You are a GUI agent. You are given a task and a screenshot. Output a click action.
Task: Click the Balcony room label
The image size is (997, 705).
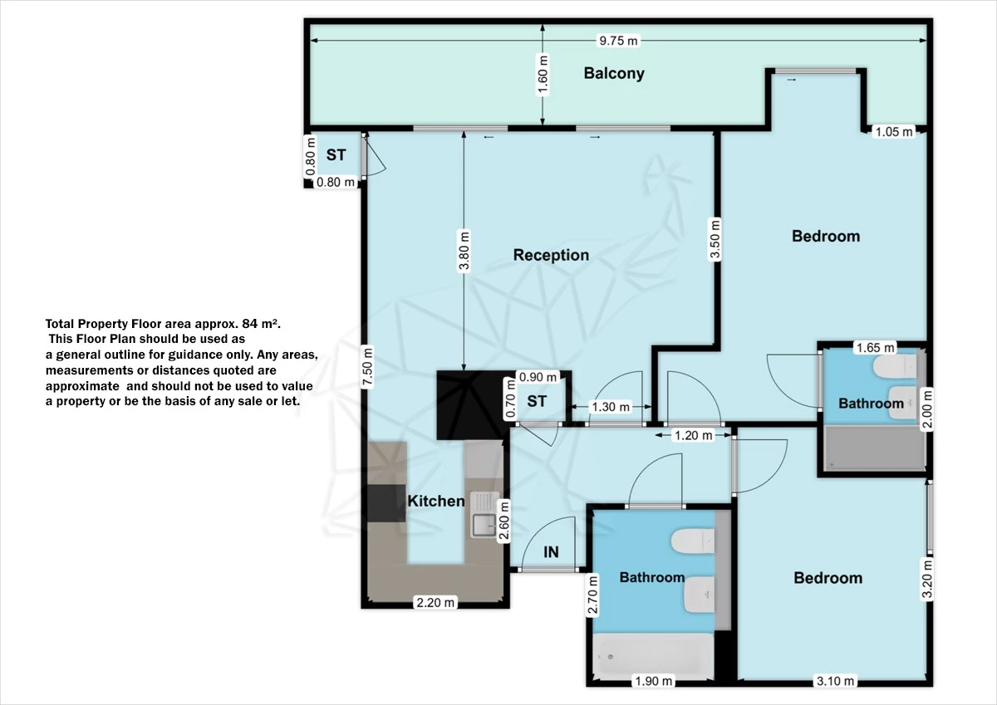point(614,73)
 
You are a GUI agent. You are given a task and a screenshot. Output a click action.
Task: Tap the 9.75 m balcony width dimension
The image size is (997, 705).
point(618,41)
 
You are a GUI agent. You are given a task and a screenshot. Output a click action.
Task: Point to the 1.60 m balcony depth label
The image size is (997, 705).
point(543,75)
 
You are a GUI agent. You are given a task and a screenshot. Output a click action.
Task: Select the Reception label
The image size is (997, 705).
point(551,255)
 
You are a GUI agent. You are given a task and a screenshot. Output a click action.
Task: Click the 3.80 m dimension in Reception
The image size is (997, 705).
point(464,251)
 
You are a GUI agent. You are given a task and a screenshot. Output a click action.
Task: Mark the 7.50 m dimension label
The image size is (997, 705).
point(367,367)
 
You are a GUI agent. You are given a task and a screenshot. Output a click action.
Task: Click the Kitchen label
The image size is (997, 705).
point(435,502)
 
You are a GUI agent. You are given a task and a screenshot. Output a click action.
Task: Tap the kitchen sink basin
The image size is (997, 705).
point(484,526)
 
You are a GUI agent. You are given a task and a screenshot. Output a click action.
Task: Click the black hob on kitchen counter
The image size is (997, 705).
point(386,503)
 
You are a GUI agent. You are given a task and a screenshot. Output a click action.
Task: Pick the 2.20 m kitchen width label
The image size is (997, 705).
point(435,603)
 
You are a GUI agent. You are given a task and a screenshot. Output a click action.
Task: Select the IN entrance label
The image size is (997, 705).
point(551,552)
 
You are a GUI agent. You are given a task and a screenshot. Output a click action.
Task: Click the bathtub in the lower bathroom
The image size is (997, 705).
point(653,656)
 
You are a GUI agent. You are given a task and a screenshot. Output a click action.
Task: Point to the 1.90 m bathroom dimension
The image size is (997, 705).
point(653,681)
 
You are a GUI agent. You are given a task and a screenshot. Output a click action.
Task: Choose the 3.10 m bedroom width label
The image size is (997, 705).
point(835,681)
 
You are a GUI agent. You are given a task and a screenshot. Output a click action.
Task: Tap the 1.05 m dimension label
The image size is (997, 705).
point(894,132)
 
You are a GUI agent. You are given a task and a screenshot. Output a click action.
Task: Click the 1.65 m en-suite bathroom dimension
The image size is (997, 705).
point(876,347)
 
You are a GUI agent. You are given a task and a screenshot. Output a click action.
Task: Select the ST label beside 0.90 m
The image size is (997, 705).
point(537,402)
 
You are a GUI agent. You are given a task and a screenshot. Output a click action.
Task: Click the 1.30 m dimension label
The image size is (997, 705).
point(611,407)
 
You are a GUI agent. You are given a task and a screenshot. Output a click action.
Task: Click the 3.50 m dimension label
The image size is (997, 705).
point(715,239)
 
